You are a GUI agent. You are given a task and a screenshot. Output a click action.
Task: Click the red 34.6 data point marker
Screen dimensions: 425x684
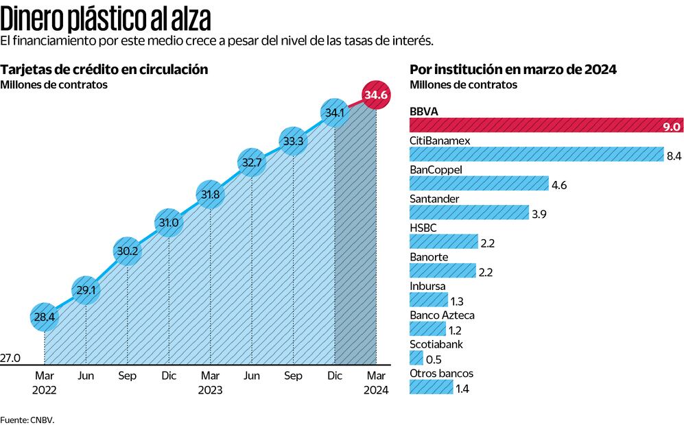coord(376,95)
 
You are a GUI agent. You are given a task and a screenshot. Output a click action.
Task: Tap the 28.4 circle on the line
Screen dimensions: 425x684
coord(44,317)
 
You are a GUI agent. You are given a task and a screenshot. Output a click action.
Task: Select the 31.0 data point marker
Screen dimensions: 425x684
coord(168,223)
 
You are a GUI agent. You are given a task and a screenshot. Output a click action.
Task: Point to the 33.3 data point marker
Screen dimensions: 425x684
coord(293,141)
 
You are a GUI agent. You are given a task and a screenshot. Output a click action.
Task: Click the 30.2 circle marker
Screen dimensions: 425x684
coord(127,252)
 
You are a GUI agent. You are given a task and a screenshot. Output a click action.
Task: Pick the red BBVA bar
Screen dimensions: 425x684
coord(545,125)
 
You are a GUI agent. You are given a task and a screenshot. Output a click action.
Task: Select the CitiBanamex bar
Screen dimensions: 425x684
coord(536,154)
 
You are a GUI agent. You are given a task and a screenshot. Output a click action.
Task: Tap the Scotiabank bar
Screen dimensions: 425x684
coord(416,358)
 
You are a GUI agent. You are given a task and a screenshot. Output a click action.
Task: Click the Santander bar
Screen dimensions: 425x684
coord(469,212)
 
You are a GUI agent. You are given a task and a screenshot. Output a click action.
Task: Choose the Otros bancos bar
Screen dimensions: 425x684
coord(429,387)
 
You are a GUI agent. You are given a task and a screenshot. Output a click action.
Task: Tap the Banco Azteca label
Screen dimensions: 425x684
coord(442,315)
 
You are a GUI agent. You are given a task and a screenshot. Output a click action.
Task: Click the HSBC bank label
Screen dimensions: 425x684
coord(423,228)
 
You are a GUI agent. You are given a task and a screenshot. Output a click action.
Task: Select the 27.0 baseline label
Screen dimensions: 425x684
coord(11,358)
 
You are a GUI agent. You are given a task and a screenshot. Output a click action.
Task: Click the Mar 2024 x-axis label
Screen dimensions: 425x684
coord(376,382)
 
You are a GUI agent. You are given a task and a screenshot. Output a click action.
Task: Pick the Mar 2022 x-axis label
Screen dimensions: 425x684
coord(44,382)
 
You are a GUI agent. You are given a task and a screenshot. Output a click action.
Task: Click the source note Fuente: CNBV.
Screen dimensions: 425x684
coord(27,419)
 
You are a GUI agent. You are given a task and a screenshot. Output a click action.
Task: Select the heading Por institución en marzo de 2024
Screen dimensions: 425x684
coord(512,70)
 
